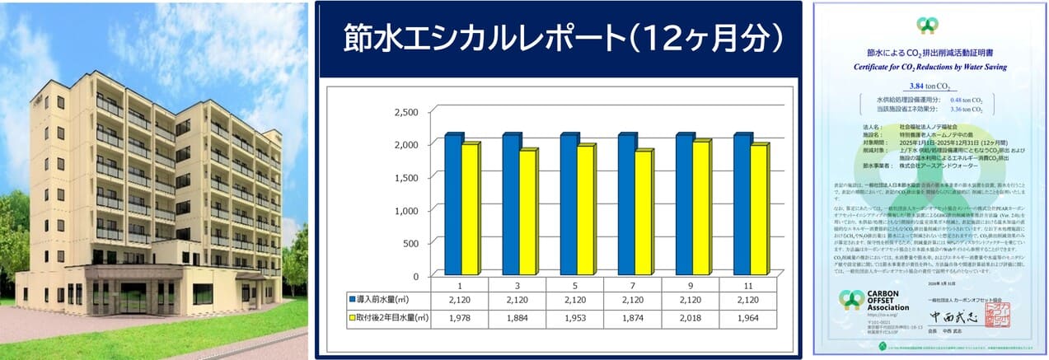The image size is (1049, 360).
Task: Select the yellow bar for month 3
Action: [x=528, y=212]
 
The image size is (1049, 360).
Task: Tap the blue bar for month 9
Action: [x=684, y=204]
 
